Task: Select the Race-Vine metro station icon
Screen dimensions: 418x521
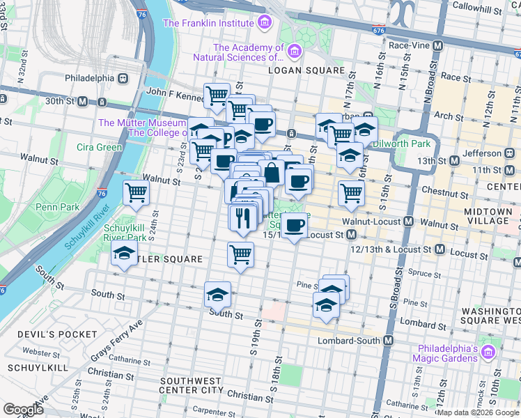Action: pos(437,45)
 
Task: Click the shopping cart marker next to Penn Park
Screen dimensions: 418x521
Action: pos(136,193)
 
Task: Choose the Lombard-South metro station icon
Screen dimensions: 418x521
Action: pos(388,341)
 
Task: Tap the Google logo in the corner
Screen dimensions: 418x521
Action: pos(23,410)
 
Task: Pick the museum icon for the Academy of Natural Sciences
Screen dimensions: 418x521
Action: pos(294,51)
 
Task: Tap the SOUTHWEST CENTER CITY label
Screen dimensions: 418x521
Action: pos(192,388)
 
